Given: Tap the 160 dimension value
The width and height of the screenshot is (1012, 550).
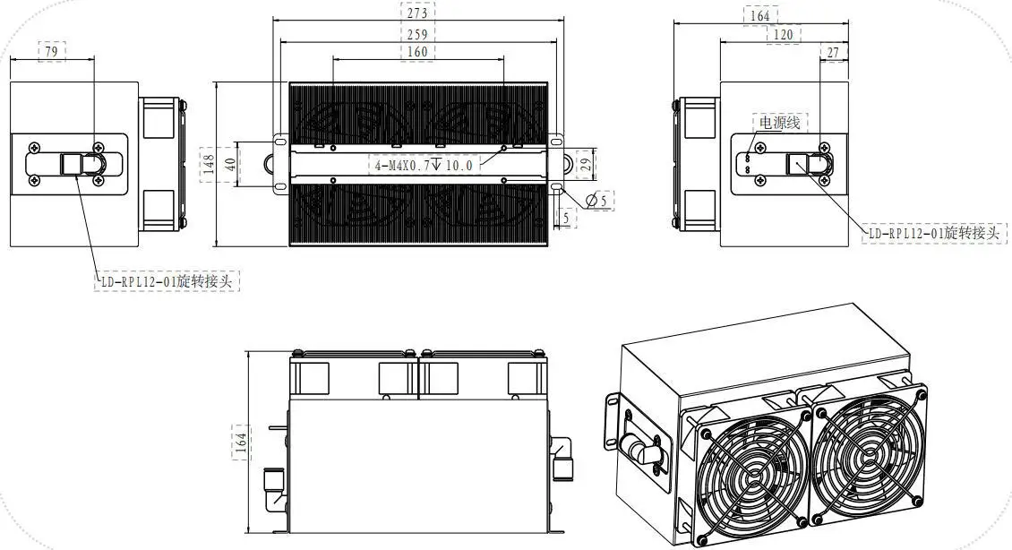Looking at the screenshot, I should [x=416, y=52].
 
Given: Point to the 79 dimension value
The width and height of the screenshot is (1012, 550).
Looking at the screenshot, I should [x=51, y=52].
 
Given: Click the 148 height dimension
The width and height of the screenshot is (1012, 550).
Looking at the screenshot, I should [x=207, y=164].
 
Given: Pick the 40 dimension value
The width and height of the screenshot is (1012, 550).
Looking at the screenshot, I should [x=230, y=164].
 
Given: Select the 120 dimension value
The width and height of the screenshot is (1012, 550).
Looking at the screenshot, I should [x=785, y=34].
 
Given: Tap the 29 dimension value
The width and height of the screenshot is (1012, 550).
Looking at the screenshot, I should [x=583, y=164].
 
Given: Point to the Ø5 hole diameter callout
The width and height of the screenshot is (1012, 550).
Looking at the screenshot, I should [x=597, y=200].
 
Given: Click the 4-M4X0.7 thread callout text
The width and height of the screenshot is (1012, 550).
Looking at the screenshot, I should [x=423, y=164].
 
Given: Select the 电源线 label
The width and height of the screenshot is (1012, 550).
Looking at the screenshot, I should [x=778, y=123].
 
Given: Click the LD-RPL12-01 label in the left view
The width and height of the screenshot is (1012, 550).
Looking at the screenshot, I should [x=167, y=281].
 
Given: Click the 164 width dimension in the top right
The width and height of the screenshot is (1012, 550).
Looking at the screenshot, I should [x=759, y=15].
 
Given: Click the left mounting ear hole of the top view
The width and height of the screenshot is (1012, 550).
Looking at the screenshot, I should [x=269, y=164].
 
